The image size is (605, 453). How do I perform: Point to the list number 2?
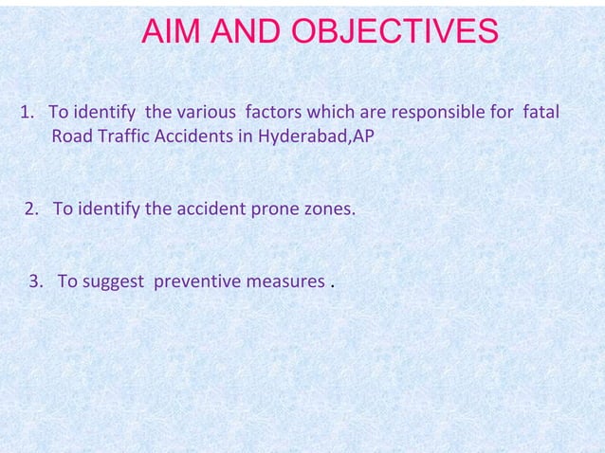[31, 208]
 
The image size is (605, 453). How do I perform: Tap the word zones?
[328, 208]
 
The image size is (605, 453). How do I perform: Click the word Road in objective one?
[69, 136]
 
